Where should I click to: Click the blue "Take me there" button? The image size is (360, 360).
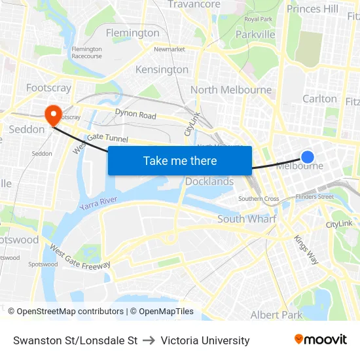(180, 160)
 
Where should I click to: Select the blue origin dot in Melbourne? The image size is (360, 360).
(307, 156)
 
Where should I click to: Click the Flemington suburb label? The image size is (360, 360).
(132, 33)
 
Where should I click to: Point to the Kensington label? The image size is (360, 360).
(162, 69)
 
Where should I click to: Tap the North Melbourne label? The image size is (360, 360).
(231, 90)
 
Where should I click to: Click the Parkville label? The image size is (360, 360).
(255, 35)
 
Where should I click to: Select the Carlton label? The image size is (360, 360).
(319, 99)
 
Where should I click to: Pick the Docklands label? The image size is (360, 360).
(209, 181)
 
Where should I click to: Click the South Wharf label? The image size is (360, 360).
(247, 219)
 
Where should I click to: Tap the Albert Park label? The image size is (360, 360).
(276, 315)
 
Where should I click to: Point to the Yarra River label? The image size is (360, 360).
(98, 203)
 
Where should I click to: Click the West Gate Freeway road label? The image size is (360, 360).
(80, 257)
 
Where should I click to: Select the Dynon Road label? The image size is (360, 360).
(135, 115)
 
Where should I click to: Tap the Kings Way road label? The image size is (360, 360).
(306, 249)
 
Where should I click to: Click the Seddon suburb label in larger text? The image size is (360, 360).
(27, 130)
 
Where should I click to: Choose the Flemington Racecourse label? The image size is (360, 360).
(86, 52)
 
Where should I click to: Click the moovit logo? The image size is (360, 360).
(321, 340)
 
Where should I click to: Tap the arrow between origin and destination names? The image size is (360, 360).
(149, 340)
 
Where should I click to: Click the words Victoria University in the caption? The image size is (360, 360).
(205, 340)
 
